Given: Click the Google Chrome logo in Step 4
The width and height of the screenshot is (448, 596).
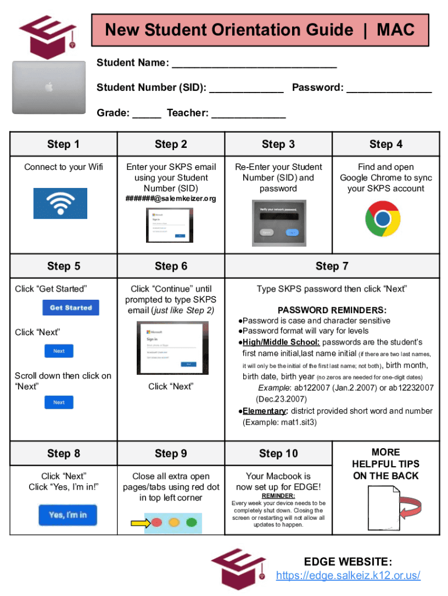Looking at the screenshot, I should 382,219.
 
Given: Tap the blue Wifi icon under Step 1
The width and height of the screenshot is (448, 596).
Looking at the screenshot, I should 60,203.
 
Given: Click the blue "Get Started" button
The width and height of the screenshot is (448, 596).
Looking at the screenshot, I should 71,307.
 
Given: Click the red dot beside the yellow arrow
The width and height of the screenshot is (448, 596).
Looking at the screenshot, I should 157,523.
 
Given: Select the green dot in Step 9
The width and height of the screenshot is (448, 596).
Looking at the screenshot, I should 191,523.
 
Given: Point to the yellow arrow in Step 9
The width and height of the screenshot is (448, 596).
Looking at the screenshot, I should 139,523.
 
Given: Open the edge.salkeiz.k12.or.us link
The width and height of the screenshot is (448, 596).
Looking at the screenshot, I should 348,576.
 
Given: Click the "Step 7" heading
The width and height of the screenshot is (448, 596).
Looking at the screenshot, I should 332,266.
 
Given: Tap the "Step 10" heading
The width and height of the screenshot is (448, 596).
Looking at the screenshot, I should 278,453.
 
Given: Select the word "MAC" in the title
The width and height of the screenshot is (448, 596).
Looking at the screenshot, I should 396,30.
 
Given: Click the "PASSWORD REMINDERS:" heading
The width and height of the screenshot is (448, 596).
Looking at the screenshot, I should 332,310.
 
